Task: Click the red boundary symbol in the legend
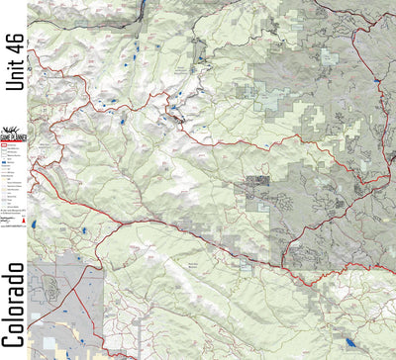point(5,144)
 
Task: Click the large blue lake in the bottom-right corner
point(352,342)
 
